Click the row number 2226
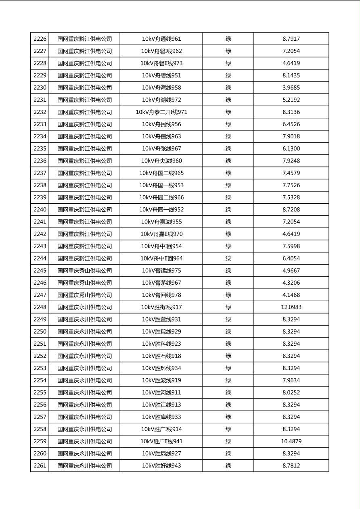point(40,39)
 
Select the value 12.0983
point(291,307)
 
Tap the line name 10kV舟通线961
point(161,39)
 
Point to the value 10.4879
point(291,441)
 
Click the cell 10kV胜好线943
point(161,466)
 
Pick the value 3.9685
point(291,88)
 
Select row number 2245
point(40,271)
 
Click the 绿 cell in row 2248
point(228,307)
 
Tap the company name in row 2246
point(84,283)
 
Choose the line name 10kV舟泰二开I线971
point(161,112)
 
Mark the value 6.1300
point(291,149)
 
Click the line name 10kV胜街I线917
point(161,307)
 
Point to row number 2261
point(40,466)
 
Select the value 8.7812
point(291,466)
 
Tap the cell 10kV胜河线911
point(161,392)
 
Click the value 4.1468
point(291,295)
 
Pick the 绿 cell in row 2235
point(228,149)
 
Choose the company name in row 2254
point(84,380)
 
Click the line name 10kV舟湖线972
point(161,100)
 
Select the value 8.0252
point(291,392)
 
